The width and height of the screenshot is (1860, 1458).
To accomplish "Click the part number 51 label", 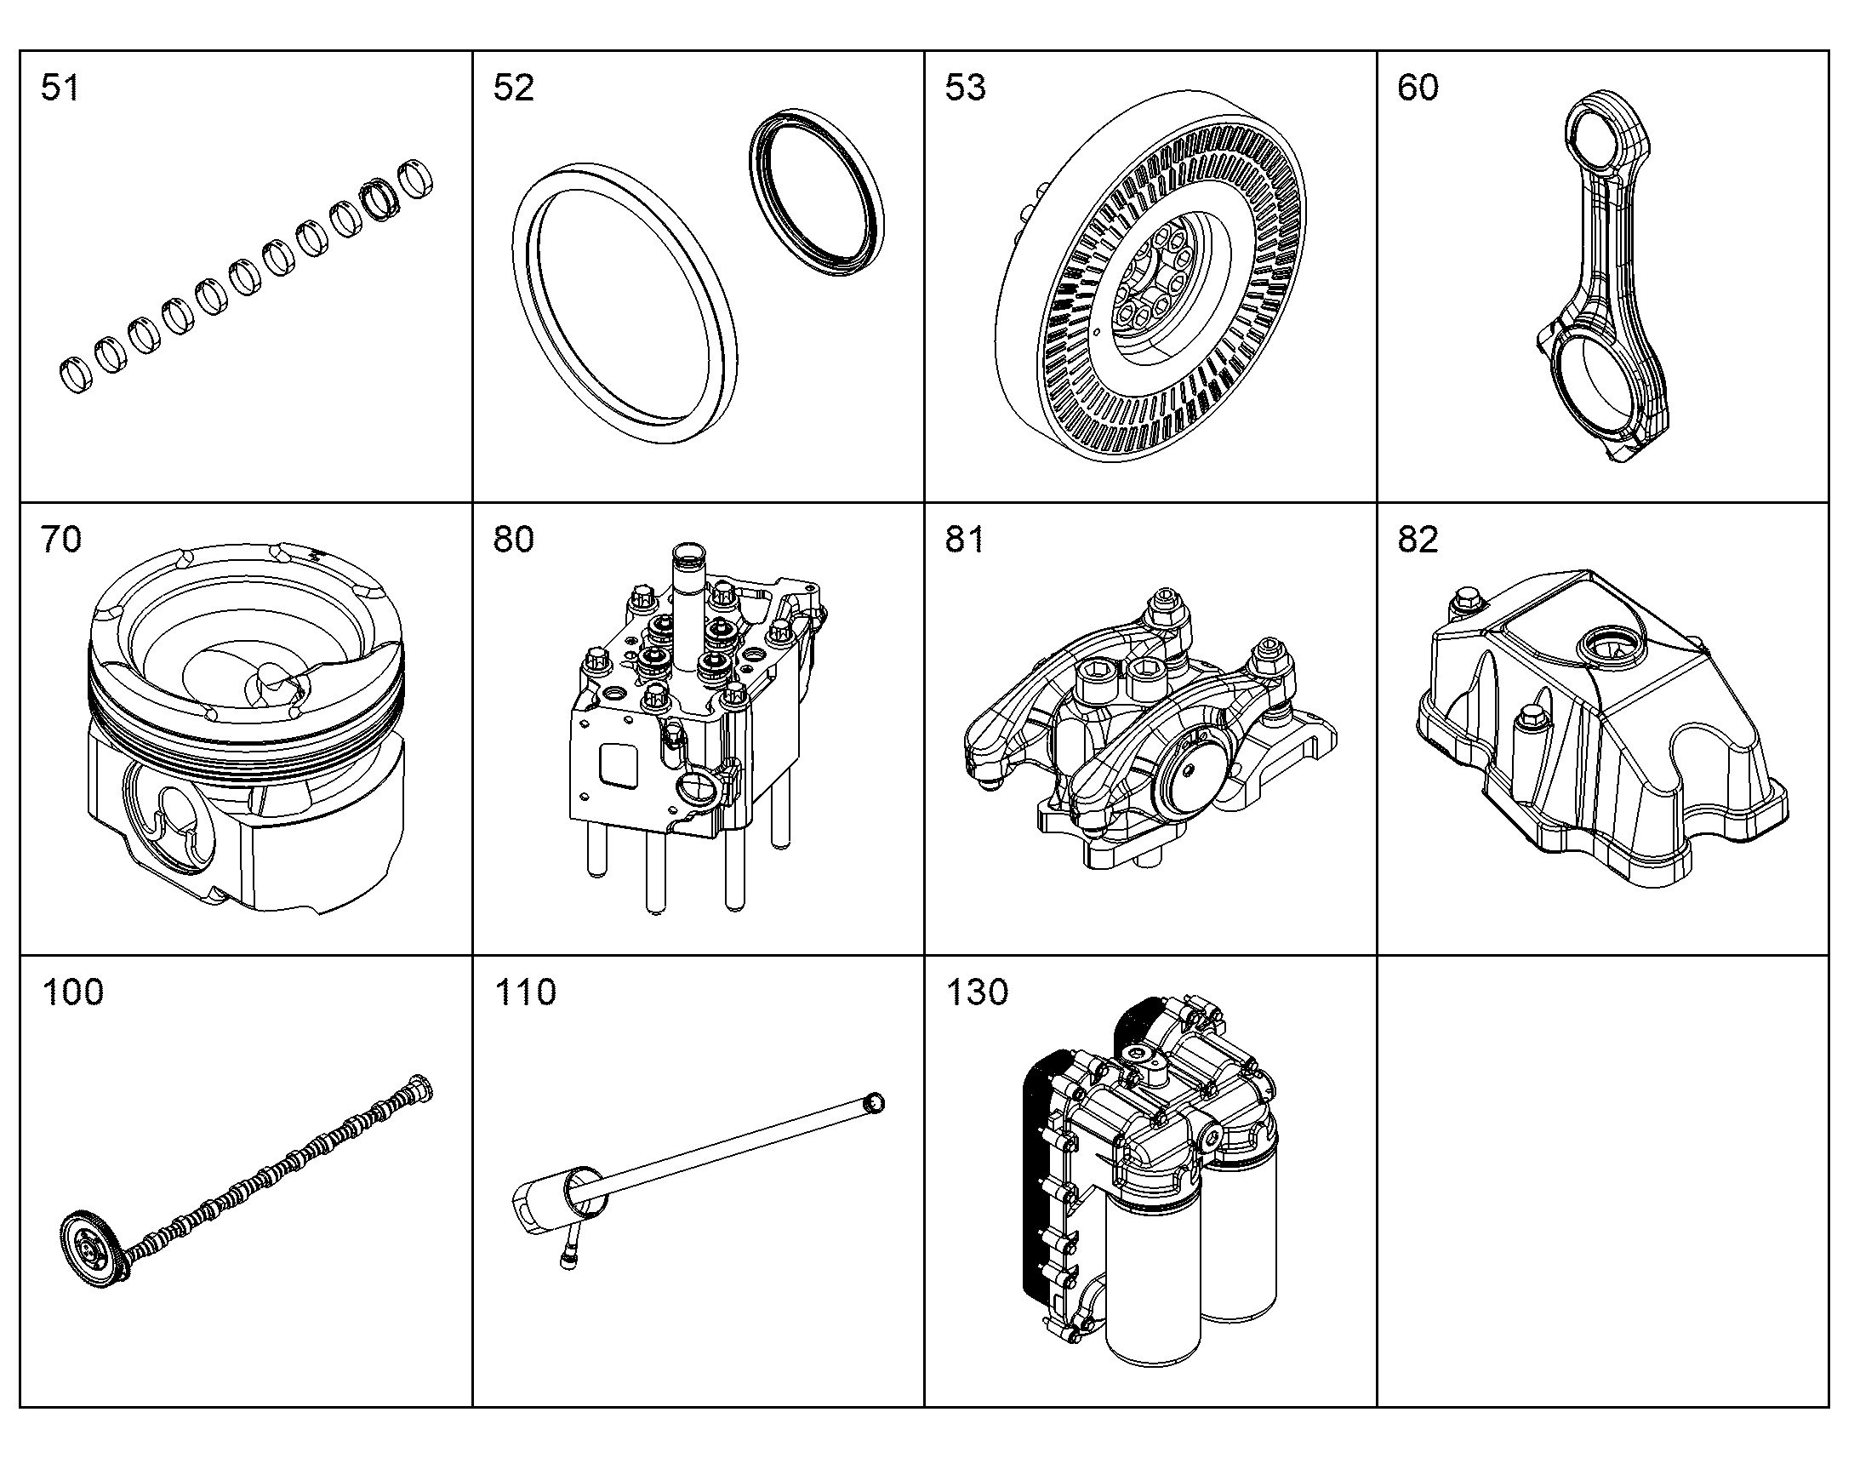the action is click(60, 88).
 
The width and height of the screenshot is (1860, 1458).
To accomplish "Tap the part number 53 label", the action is click(965, 88).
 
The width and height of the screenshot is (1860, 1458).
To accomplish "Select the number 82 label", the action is click(1418, 540).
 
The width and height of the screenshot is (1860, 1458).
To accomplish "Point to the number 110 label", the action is click(525, 992).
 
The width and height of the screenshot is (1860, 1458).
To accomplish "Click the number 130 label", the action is click(977, 992).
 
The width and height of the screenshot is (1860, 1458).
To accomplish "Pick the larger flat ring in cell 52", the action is click(626, 302).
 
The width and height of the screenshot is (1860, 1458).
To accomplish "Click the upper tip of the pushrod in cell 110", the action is click(875, 1102).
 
